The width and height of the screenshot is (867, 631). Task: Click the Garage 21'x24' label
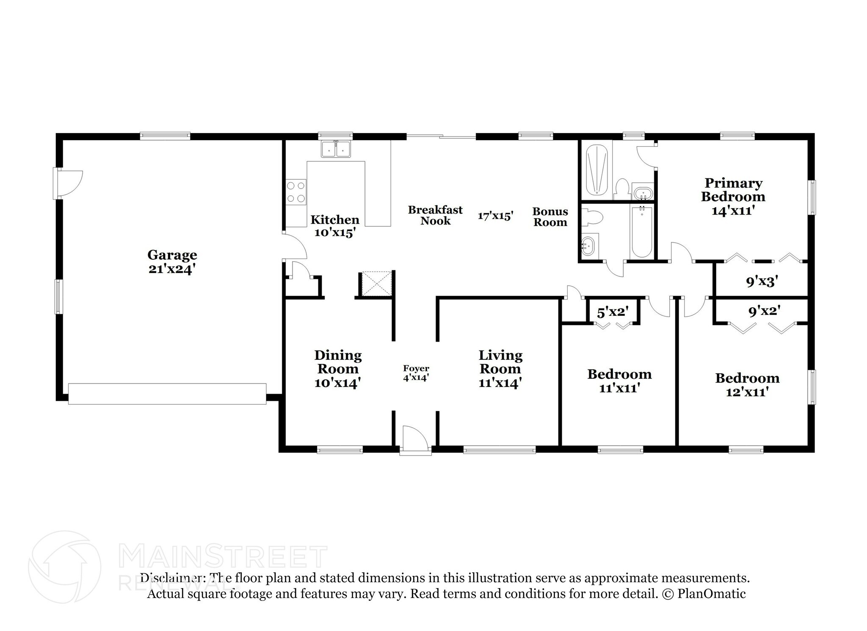[x=172, y=262]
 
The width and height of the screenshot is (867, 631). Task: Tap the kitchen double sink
[x=336, y=149]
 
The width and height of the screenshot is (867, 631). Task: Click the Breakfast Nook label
[x=435, y=215]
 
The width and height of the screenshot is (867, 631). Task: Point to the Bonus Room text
[x=550, y=217]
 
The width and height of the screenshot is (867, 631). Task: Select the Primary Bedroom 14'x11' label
[x=733, y=197]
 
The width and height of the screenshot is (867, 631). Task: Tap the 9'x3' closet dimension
[x=762, y=281]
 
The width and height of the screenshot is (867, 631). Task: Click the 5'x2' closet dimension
[x=611, y=313]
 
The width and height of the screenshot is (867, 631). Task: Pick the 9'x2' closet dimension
[x=764, y=311]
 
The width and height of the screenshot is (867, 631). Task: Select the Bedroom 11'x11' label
[x=619, y=381]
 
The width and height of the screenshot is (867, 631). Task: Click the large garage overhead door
[x=167, y=394]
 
